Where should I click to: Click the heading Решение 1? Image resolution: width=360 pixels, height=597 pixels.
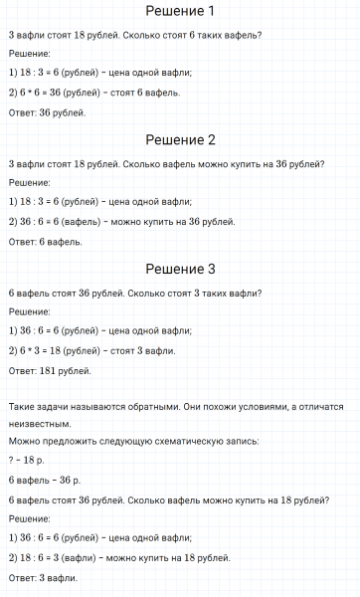(180, 12)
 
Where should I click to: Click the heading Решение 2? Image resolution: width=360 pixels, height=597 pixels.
(180, 140)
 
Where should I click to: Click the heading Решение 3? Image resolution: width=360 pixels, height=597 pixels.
(180, 269)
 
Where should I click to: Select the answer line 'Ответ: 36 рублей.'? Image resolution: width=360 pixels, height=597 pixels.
(47, 112)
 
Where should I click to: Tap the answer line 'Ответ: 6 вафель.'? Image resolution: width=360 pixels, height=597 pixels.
(45, 241)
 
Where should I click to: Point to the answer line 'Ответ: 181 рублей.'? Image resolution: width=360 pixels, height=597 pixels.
(50, 370)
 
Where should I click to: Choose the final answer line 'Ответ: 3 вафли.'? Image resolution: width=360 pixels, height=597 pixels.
(43, 577)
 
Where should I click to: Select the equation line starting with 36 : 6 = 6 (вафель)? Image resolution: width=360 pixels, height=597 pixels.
(120, 221)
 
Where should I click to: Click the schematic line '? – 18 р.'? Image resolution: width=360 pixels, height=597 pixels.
(26, 460)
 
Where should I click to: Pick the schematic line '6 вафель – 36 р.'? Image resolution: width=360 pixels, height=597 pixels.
(44, 480)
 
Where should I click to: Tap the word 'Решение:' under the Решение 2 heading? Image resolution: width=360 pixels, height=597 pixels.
(29, 182)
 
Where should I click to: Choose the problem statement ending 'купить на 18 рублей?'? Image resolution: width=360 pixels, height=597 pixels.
(168, 499)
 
